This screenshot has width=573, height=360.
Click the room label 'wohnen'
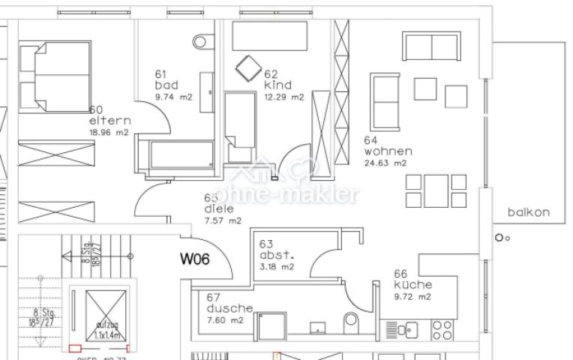[x=388, y=151]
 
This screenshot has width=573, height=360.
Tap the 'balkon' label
[x=528, y=212]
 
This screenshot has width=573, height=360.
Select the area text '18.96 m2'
[x=108, y=132]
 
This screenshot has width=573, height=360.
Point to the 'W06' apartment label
[x=194, y=259]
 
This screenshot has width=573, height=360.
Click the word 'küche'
[x=412, y=285]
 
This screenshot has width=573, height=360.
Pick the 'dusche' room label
[x=229, y=308]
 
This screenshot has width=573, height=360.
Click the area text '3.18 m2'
[x=276, y=266]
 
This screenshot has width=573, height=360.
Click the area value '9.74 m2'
[x=174, y=97]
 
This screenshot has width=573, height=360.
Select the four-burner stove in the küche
[x=442, y=330]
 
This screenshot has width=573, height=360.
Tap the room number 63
[x=267, y=244]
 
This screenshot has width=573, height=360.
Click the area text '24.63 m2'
[x=385, y=163]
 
